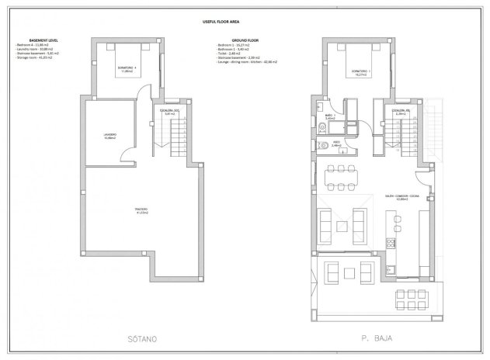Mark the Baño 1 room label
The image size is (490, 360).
328,116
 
